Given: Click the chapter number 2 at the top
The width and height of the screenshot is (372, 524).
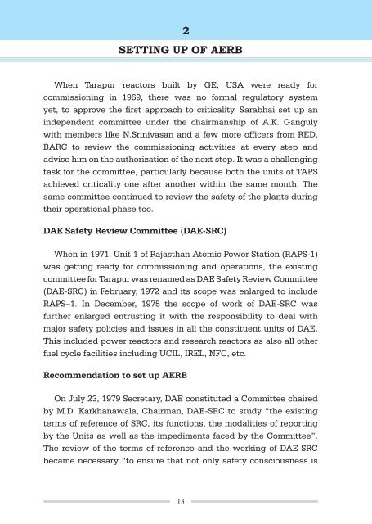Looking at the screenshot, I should (x=186, y=30).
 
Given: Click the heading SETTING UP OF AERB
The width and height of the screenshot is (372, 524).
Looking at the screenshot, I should (x=186, y=49).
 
